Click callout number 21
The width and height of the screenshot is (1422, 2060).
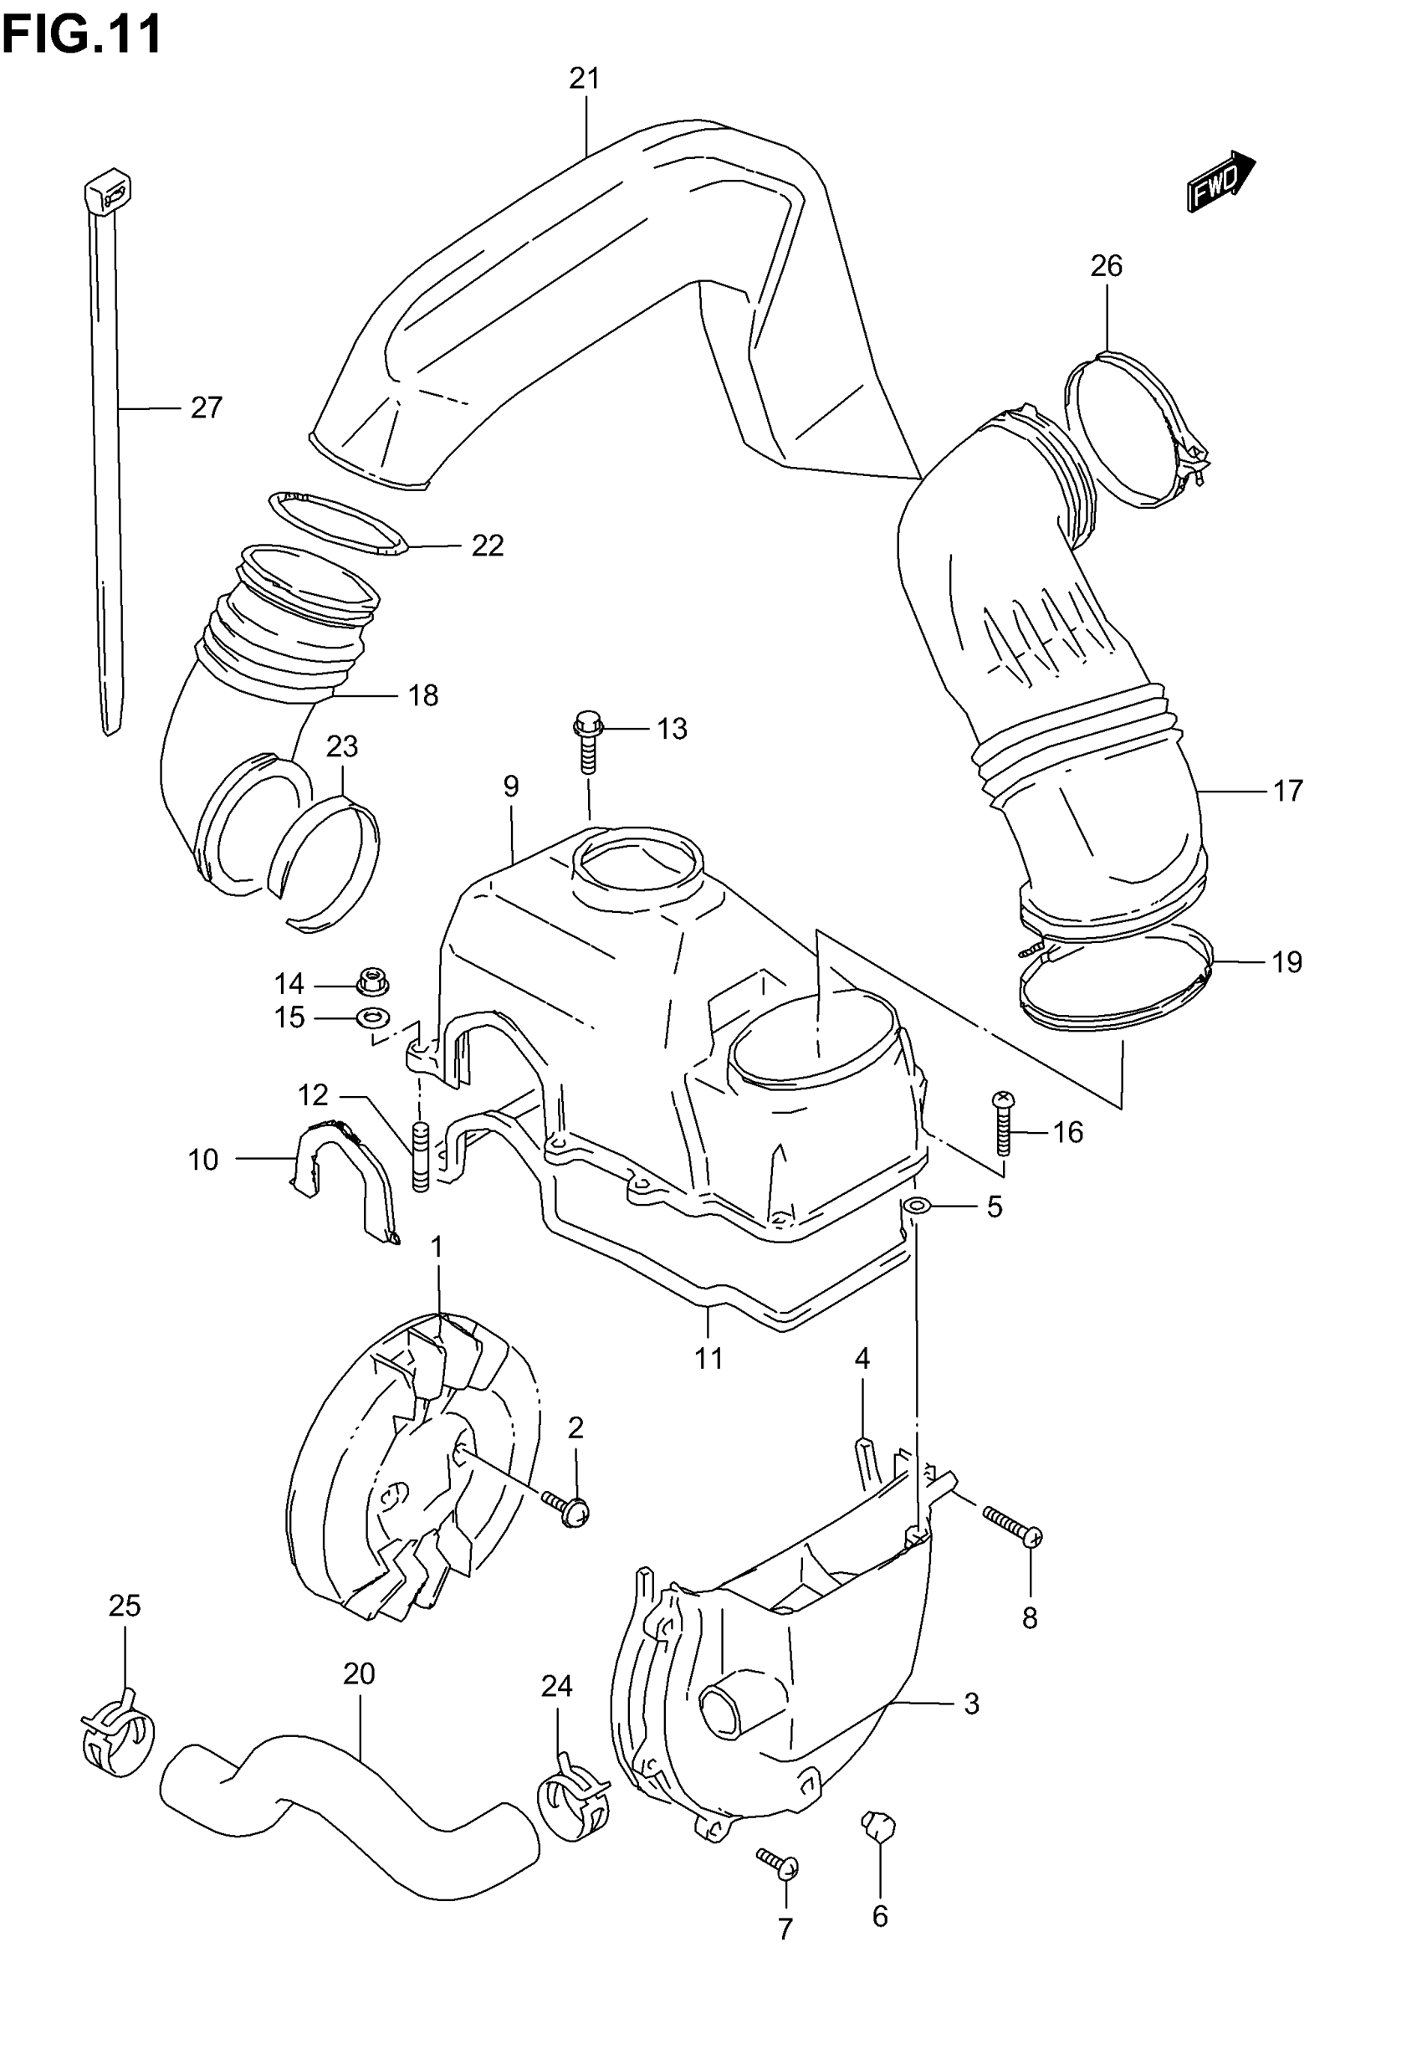tap(585, 79)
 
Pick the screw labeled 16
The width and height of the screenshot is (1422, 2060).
tap(1004, 1125)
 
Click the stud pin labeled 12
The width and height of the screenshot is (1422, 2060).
tap(421, 1156)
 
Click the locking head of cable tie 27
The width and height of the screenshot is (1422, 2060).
tap(108, 192)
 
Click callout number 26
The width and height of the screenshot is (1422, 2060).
tap(1107, 265)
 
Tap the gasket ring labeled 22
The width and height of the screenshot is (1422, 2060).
tap(337, 524)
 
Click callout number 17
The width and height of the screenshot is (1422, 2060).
tap(1287, 791)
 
